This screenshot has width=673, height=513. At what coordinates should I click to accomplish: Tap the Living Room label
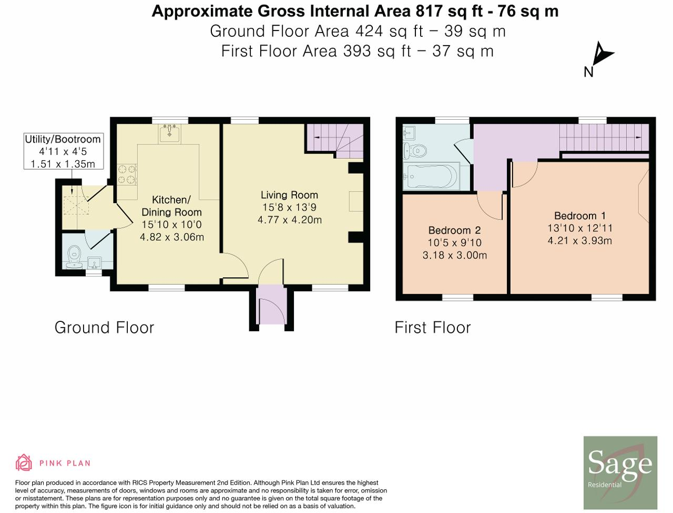tap(289, 195)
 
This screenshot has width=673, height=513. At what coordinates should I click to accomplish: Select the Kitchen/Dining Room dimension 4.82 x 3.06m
tap(171, 237)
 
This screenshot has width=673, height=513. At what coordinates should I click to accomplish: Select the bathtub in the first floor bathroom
tap(431, 177)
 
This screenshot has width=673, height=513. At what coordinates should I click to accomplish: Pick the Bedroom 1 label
tap(579, 216)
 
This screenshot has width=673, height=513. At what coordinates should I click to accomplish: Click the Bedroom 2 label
tap(454, 231)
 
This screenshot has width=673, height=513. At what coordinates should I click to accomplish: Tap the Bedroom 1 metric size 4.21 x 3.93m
tap(579, 241)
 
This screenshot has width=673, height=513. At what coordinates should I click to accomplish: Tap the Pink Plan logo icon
tap(24, 463)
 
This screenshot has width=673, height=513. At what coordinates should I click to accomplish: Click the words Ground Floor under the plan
tap(104, 328)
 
